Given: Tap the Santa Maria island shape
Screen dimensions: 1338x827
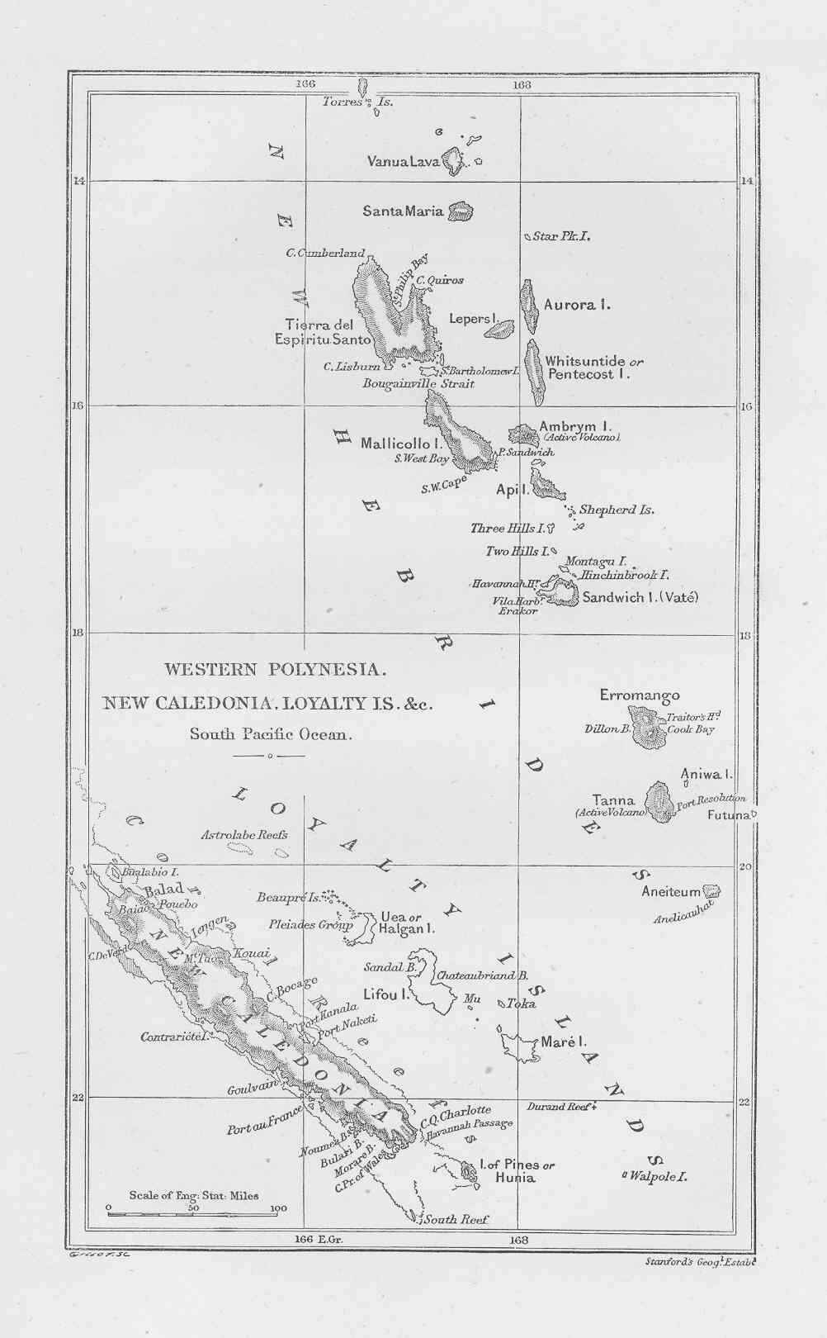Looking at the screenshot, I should [461, 211].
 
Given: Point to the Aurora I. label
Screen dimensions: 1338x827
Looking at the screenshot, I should [577, 305].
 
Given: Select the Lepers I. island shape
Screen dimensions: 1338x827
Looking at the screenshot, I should [499, 330].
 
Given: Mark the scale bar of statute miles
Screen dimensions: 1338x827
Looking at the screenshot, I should [195, 1213].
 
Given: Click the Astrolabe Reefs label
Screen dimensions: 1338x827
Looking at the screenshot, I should [244, 835].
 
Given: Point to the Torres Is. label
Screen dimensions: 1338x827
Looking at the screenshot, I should [357, 102].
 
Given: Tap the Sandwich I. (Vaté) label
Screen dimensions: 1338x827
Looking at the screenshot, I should [640, 597].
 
